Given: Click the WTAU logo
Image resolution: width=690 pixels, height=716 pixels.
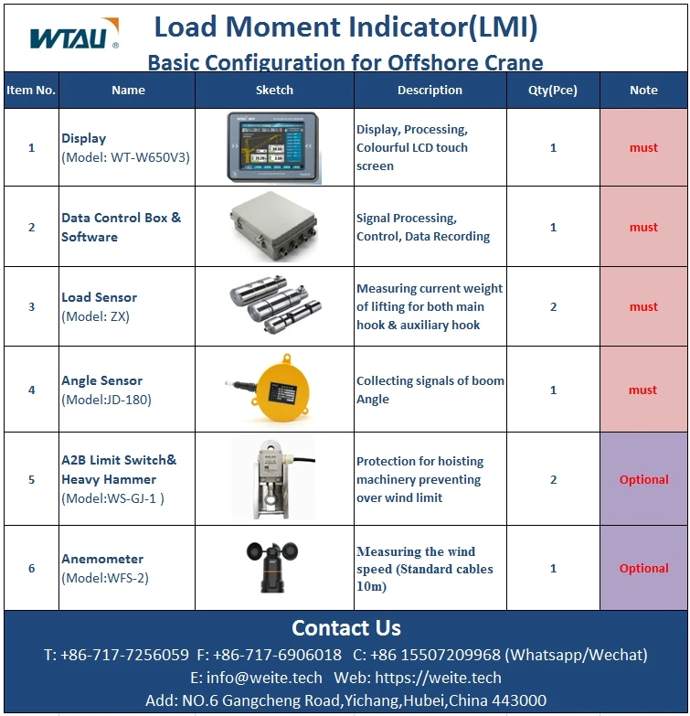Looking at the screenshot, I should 74,36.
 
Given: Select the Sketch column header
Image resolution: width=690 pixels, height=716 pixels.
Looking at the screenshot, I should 274,91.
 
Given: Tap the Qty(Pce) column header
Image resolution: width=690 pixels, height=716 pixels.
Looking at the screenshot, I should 553,91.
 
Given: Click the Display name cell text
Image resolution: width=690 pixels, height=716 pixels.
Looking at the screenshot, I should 84,138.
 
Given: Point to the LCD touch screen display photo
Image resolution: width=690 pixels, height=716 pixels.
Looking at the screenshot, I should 274,147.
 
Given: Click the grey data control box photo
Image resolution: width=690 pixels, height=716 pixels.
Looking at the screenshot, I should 274,227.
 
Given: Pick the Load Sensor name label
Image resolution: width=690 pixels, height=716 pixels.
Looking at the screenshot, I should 99,297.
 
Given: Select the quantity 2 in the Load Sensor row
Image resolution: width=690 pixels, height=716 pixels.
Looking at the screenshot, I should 553,306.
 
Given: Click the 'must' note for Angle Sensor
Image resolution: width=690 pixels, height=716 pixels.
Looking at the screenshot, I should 643,390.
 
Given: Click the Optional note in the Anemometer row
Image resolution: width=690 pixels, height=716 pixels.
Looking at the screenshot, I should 643,568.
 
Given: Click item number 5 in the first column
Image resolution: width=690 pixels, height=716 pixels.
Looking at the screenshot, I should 31,479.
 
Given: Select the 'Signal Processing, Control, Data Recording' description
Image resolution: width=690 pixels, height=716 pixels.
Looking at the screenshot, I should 423,227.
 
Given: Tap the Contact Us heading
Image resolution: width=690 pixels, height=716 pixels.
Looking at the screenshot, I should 345,628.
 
